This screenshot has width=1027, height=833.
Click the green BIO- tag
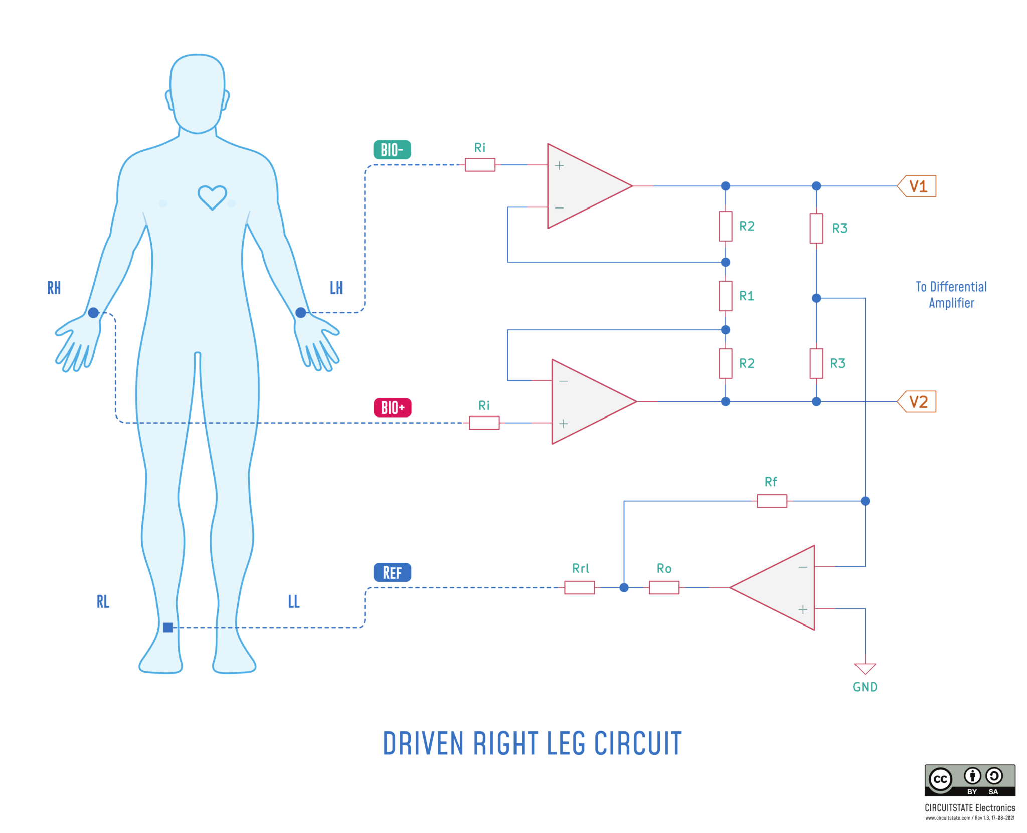tap(392, 150)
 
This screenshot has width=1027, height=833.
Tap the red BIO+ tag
tap(392, 407)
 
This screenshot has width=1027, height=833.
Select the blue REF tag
tap(392, 572)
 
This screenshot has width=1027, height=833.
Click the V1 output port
tap(917, 186)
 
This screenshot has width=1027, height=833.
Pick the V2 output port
tap(917, 401)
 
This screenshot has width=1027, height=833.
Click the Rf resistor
tap(771, 501)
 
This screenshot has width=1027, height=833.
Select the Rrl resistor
tap(579, 587)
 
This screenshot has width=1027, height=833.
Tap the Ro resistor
tap(664, 587)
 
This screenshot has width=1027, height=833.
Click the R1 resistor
tap(725, 296)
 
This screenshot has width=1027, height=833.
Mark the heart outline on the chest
tap(212, 196)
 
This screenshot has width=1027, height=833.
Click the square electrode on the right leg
tap(168, 627)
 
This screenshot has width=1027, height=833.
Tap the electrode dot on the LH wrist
tap(301, 313)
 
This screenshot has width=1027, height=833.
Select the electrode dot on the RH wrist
tap(93, 313)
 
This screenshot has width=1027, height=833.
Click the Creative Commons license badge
tap(969, 780)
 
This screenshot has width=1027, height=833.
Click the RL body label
tap(103, 601)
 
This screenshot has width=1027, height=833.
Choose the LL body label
tap(294, 601)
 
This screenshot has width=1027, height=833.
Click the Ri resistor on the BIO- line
tap(480, 165)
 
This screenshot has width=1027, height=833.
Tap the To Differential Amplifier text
tap(951, 295)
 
